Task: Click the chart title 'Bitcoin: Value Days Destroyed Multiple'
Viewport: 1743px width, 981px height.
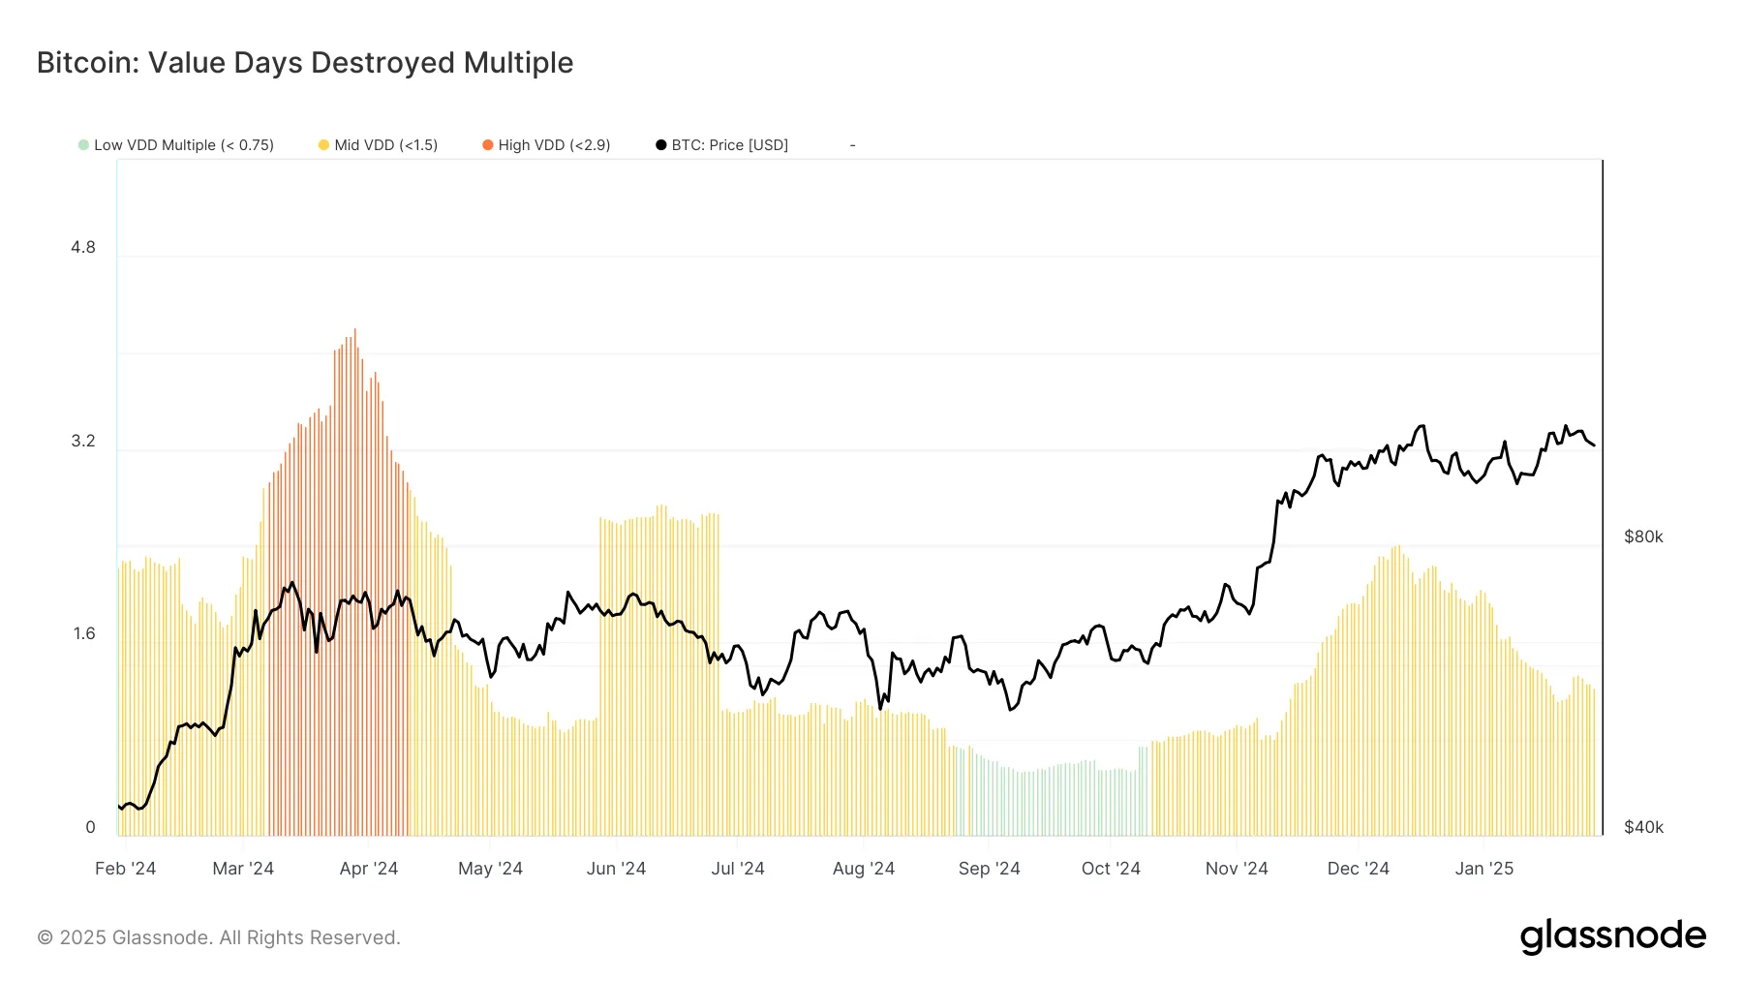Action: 305,63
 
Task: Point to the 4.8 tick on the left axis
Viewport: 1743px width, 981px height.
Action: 83,248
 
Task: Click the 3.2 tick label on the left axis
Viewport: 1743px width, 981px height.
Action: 83,442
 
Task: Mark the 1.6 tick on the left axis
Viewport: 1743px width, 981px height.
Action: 83,634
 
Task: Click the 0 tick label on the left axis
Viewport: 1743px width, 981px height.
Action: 90,827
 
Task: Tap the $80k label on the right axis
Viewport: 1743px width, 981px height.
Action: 1643,536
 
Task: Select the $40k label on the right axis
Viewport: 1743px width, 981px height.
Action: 1643,827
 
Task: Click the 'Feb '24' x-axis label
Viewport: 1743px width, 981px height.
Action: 125,869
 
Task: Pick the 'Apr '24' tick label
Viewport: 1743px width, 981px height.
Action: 368,869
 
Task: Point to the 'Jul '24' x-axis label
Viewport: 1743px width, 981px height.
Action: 737,869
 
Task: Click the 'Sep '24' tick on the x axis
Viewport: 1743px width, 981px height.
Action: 989,869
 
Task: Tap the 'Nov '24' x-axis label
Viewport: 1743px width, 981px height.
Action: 1236,869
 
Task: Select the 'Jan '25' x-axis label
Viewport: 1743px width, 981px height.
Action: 1483,869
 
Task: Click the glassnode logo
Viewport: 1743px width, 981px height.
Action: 1612,936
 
